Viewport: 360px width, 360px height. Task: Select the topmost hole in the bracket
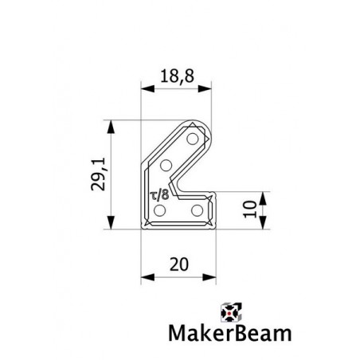coord(191,140)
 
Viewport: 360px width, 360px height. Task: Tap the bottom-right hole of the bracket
coord(197,209)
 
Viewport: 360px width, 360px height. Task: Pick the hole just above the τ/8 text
coord(166,166)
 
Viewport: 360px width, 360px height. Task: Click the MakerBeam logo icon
coord(230,313)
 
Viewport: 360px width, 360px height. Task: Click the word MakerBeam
coord(218,334)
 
